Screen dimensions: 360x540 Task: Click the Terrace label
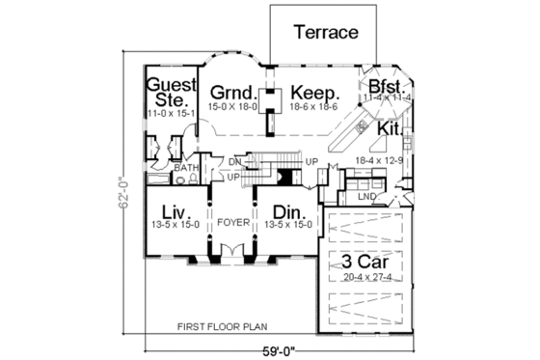coord(326,33)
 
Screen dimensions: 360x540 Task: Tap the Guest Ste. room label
coord(172,92)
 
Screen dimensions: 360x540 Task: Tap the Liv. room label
coord(174,210)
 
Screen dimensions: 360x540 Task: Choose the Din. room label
coord(284,210)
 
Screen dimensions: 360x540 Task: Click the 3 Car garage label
coord(364,261)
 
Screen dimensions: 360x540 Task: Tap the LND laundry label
coord(366,197)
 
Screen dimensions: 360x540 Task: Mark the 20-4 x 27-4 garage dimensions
coord(364,277)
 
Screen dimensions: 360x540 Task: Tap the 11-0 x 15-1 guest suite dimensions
coord(172,114)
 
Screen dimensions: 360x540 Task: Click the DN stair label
coord(234,161)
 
